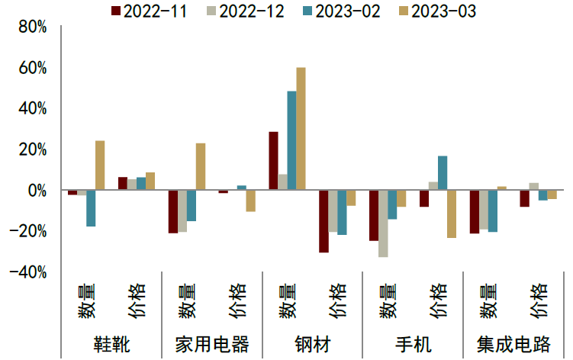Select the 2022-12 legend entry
[x=242, y=11]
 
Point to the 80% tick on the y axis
[x=32, y=27]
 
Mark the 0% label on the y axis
[x=37, y=190]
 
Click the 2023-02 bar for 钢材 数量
[x=291, y=140]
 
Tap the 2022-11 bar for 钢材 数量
[x=273, y=160]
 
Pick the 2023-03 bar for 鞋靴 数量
[x=100, y=165]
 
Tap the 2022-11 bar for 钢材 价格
[x=324, y=220]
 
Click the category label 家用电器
[x=212, y=344]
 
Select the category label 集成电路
[x=513, y=344]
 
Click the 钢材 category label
[x=313, y=344]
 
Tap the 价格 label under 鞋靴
[x=137, y=301]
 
